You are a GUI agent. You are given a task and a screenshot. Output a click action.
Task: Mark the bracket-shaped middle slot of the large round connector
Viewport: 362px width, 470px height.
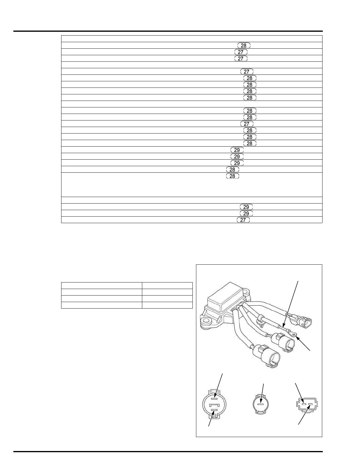coord(214,405)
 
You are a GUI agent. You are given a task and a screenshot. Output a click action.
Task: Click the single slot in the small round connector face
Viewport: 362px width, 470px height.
coord(260,404)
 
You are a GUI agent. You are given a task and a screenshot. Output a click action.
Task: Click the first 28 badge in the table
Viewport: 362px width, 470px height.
coord(244,45)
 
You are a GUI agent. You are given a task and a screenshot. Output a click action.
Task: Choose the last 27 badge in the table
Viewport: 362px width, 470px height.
coord(243,220)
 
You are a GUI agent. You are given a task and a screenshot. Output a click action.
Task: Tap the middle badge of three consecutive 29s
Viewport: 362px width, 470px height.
coord(237,156)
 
